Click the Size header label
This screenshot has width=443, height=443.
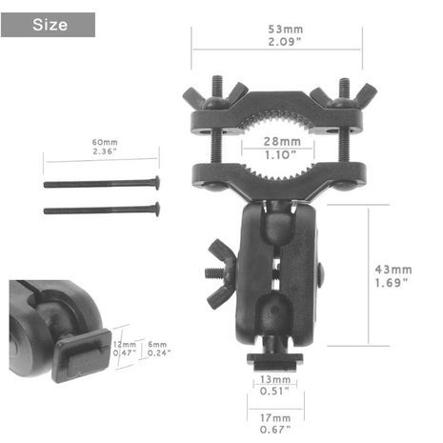coord(50,25)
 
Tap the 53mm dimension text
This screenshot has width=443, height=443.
coord(286,30)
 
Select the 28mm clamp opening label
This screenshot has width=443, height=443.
coord(282,141)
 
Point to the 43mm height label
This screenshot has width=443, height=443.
coord(393,270)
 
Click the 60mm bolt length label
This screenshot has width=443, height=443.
coord(105,142)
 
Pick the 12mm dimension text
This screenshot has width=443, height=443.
coord(125,344)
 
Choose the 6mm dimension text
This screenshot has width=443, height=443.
coord(157,344)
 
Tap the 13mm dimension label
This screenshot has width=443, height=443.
coord(275,379)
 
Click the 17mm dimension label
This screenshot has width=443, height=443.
coord(275,418)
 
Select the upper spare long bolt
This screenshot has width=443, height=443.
coord(102,183)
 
